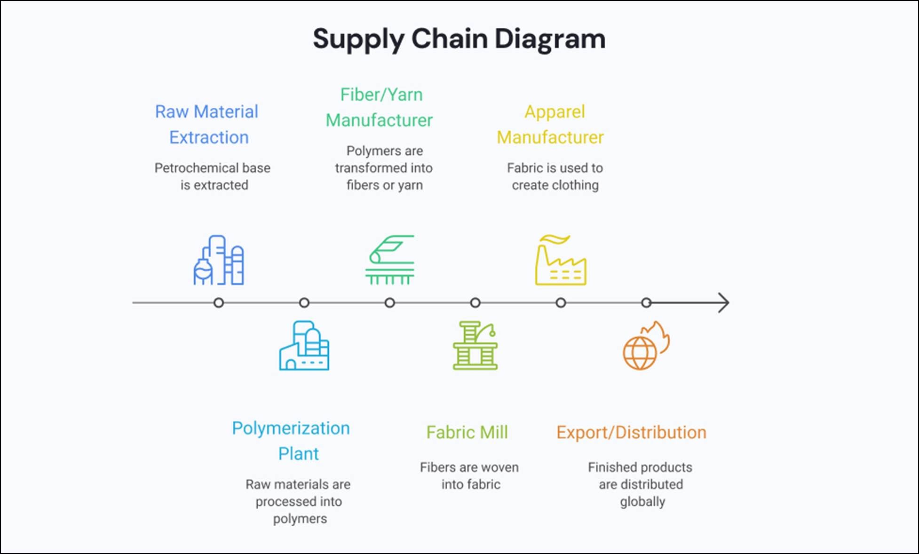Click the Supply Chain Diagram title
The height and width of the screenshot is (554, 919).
pyautogui.click(x=459, y=39)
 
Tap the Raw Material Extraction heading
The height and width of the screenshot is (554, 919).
pyautogui.click(x=207, y=125)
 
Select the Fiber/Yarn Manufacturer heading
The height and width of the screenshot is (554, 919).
pyautogui.click(x=380, y=108)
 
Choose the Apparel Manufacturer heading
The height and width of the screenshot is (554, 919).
pyautogui.click(x=550, y=125)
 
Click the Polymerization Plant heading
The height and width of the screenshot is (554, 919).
pyautogui.click(x=291, y=441)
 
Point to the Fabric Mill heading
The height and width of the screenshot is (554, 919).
pyautogui.click(x=467, y=432)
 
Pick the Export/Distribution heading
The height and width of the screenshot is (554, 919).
pyautogui.click(x=631, y=432)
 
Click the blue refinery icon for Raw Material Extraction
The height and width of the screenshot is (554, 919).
pyautogui.click(x=219, y=260)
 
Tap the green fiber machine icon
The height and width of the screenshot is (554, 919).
pyautogui.click(x=390, y=260)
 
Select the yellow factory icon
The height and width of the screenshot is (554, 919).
pyautogui.click(x=561, y=260)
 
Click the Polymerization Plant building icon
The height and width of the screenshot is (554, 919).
pyautogui.click(x=304, y=346)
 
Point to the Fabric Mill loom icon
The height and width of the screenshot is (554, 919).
pyautogui.click(x=475, y=346)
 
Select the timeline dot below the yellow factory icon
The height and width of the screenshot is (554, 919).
pyautogui.click(x=561, y=303)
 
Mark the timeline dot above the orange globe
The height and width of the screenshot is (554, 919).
pyautogui.click(x=647, y=303)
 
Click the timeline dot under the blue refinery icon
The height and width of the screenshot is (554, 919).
pyautogui.click(x=219, y=303)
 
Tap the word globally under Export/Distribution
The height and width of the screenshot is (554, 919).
pyautogui.click(x=642, y=502)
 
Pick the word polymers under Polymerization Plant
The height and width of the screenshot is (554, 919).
pyautogui.click(x=300, y=519)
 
